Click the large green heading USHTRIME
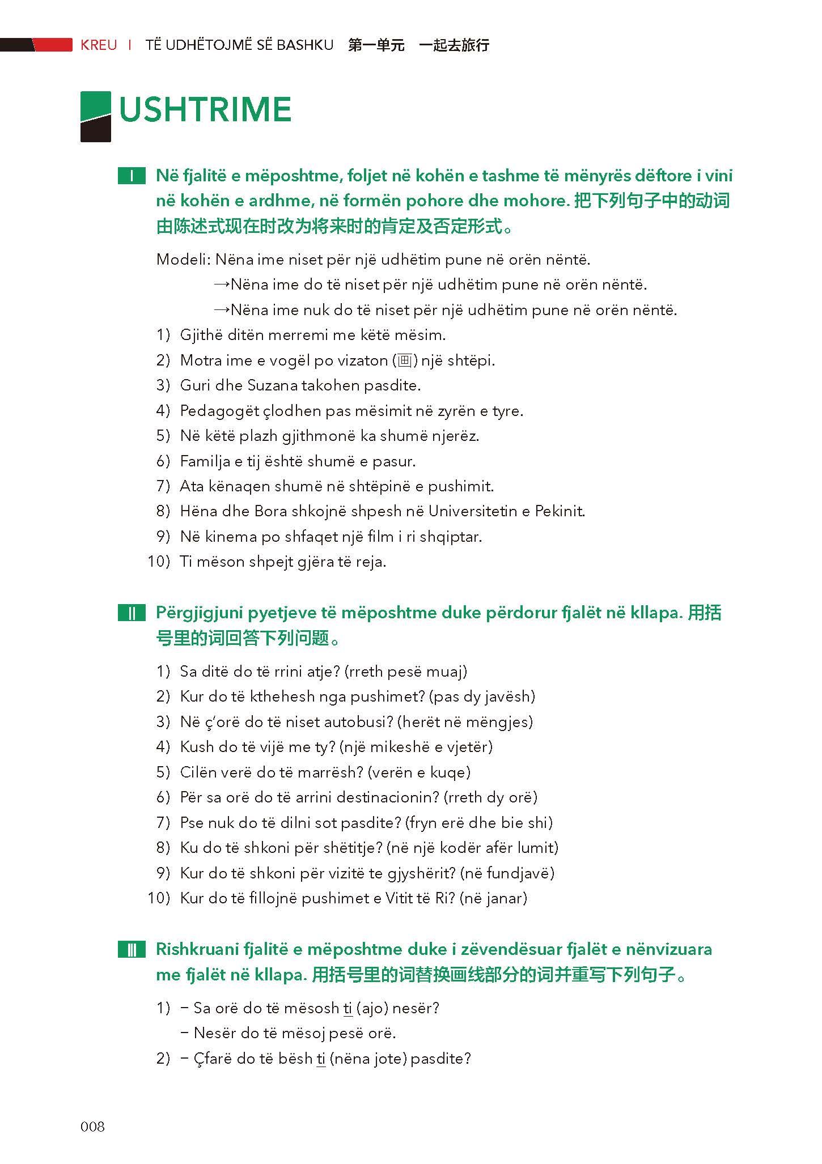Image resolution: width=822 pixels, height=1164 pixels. pyautogui.click(x=205, y=110)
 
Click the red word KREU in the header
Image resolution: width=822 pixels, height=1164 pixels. pyautogui.click(x=99, y=45)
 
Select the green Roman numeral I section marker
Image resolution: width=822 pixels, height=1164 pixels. pyautogui.click(x=132, y=176)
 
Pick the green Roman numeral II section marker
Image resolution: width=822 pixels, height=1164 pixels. pyautogui.click(x=132, y=613)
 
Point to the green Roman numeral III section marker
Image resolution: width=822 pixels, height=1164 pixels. pyautogui.click(x=132, y=950)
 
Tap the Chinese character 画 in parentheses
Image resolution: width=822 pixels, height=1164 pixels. pyautogui.click(x=405, y=360)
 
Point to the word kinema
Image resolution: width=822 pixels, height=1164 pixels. pyautogui.click(x=231, y=537)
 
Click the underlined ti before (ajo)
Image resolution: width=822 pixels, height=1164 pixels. pyautogui.click(x=348, y=1008)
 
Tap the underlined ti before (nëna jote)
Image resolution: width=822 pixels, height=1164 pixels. pyautogui.click(x=321, y=1059)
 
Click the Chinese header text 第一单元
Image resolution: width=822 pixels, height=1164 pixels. pyautogui.click(x=376, y=45)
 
